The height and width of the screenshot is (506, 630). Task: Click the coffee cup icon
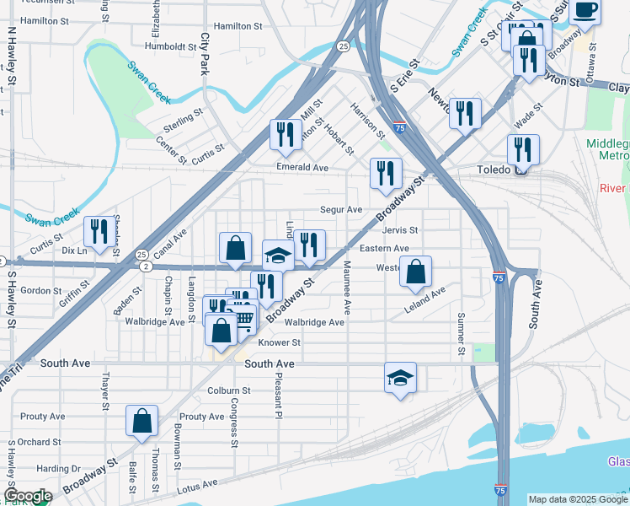click(584, 11)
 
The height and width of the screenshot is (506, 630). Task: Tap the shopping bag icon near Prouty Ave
click(142, 421)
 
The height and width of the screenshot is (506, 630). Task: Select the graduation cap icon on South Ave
click(401, 379)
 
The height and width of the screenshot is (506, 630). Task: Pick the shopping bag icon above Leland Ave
click(415, 272)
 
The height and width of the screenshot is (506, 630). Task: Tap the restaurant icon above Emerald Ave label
click(286, 136)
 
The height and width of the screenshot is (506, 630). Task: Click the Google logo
click(28, 496)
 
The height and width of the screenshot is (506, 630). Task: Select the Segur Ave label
click(340, 209)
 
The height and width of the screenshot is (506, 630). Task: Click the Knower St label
click(279, 342)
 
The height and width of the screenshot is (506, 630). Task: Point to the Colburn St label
click(229, 390)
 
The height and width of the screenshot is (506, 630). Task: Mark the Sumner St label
click(461, 333)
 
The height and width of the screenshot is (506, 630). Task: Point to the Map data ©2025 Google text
click(578, 499)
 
